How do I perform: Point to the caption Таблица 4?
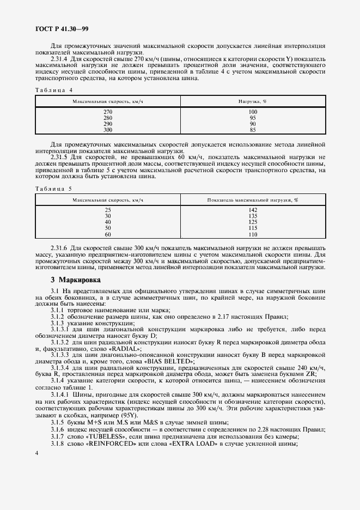(54, 89)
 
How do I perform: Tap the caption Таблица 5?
(54, 188)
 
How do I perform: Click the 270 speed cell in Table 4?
(108, 112)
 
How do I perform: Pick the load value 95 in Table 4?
(253, 118)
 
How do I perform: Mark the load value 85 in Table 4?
(253, 130)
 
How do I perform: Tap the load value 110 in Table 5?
(253, 234)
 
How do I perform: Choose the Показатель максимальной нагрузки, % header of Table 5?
(253, 200)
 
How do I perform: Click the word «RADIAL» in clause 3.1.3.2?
(124, 348)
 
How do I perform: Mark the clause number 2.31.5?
(60, 157)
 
